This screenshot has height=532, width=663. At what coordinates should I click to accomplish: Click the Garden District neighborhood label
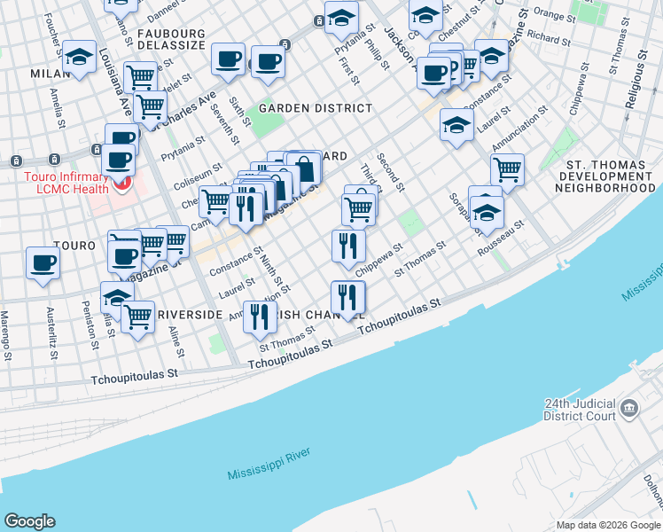tap(316, 108)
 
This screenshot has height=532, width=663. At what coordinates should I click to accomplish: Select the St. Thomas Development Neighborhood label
tap(611, 176)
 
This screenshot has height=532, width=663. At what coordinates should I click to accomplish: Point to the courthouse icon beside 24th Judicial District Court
tap(629, 409)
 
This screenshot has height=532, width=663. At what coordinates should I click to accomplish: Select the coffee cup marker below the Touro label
tap(43, 263)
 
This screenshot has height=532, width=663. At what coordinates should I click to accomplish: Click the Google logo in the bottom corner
tap(30, 520)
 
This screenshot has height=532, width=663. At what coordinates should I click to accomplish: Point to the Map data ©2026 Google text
tap(607, 525)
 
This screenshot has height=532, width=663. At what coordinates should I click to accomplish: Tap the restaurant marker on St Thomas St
tap(259, 317)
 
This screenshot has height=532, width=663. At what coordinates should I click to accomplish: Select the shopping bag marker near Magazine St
tap(303, 168)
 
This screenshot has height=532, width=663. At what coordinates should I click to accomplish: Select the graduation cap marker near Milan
tap(80, 59)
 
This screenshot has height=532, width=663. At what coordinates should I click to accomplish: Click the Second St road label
tap(391, 173)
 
